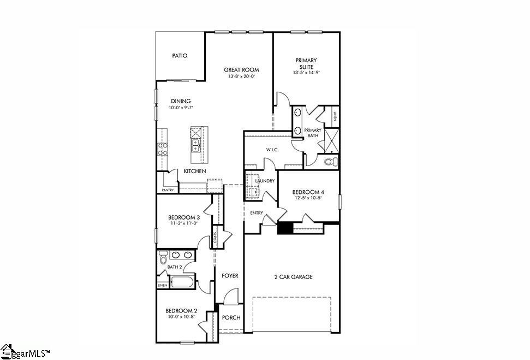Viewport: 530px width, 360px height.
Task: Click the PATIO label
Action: [x=180, y=56]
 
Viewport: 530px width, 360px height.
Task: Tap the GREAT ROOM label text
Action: [x=241, y=70]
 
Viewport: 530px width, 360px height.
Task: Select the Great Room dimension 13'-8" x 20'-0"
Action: [x=241, y=76]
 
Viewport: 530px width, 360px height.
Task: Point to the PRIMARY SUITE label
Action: [x=306, y=63]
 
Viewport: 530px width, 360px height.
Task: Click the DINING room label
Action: [x=181, y=101]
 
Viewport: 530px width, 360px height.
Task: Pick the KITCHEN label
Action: [x=195, y=172]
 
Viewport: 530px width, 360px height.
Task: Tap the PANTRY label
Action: [x=168, y=190]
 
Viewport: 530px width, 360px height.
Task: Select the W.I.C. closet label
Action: [x=258, y=149]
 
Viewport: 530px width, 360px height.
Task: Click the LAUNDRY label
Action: [x=264, y=181]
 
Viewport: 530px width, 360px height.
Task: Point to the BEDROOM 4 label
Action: [x=308, y=192]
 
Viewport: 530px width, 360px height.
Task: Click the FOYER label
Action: [x=230, y=276]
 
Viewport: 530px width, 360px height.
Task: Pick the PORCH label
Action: [x=231, y=318]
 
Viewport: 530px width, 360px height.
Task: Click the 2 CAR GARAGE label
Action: [x=293, y=277]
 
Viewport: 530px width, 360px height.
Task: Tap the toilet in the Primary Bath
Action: [x=329, y=162]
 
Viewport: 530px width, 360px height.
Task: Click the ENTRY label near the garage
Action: [x=257, y=213]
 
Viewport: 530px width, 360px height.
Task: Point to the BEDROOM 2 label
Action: [x=182, y=311]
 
